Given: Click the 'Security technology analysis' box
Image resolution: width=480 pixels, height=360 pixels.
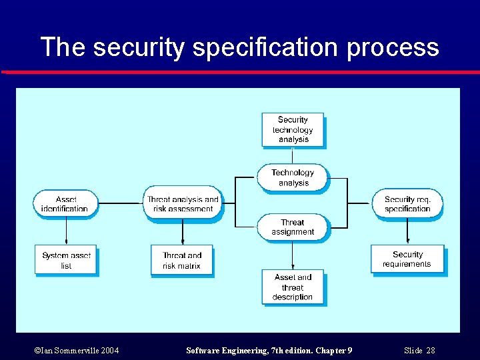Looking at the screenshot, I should click(293, 129).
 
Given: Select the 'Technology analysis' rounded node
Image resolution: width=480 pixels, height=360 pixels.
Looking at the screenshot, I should click(293, 177).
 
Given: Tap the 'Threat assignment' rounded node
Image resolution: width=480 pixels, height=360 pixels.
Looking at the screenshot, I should click(293, 227).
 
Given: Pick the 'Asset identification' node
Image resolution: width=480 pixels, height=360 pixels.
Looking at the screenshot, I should click(65, 203).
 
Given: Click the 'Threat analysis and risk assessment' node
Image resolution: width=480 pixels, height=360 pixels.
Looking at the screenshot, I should click(182, 203).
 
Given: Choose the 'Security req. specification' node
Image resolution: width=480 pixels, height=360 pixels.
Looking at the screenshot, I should click(407, 203).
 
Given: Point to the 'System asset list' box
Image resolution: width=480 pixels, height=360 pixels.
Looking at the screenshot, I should click(65, 260).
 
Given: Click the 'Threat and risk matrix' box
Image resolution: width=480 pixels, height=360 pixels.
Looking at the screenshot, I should click(182, 260).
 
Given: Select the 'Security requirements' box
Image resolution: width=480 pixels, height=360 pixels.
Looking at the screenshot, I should click(407, 259).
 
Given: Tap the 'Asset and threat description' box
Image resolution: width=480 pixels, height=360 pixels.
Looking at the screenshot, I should click(293, 287).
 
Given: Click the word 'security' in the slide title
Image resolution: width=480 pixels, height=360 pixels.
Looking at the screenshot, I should click(136, 48).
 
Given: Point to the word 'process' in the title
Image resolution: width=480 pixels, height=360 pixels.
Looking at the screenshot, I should click(393, 48).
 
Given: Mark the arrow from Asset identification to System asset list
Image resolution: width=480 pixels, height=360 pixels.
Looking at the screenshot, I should click(66, 231).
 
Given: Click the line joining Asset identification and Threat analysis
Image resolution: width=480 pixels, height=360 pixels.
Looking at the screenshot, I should click(121, 203).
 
